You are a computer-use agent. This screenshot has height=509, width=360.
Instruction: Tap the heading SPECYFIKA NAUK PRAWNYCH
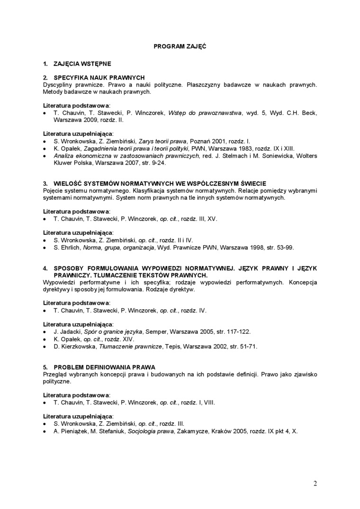click(99, 77)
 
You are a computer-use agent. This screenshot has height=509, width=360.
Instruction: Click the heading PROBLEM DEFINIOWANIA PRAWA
click(105, 367)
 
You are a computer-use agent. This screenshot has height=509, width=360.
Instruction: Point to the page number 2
click(315, 483)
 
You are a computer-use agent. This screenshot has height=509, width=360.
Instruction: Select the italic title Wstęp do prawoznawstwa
click(205, 113)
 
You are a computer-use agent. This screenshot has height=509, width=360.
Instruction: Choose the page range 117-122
click(238, 331)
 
